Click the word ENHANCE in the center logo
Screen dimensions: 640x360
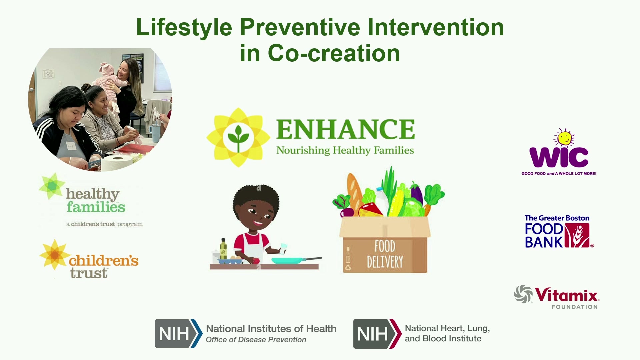346,129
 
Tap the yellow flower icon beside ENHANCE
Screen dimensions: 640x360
238,137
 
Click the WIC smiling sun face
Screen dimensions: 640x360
564,138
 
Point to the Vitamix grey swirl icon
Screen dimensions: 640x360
523,294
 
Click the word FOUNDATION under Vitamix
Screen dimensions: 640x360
575,307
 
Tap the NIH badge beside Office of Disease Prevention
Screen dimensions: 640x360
179,334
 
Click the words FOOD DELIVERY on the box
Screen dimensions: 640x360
385,254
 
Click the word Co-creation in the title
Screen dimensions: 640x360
334,53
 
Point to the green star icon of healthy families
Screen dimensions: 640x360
52,186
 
